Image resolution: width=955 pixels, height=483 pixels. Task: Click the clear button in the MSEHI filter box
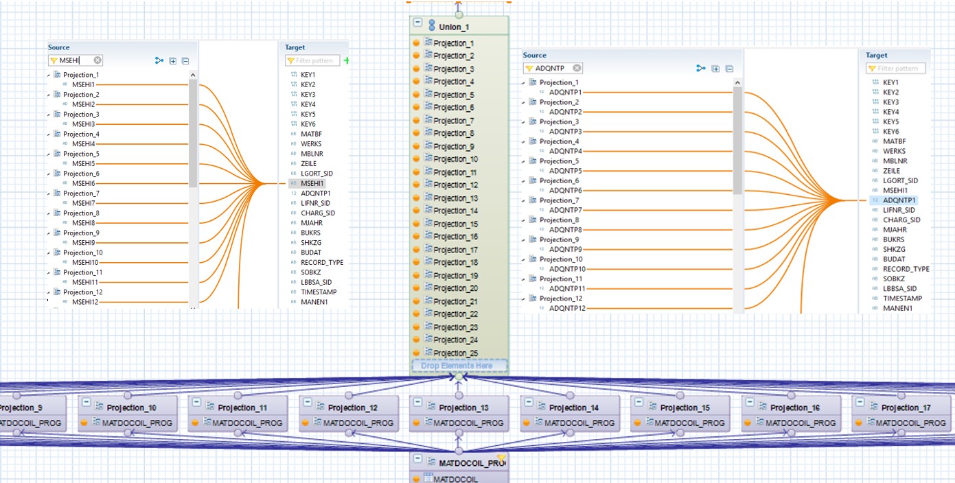tap(97, 60)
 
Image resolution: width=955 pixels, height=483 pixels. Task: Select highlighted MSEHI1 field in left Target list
tap(312, 183)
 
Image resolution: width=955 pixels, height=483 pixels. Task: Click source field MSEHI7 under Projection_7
tap(83, 203)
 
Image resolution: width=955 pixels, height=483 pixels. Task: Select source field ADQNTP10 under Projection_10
tap(567, 269)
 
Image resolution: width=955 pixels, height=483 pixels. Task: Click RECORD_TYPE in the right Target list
tap(906, 269)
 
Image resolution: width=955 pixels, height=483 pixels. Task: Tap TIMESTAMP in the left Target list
tap(319, 292)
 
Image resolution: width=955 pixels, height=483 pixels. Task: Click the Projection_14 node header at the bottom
tap(574, 408)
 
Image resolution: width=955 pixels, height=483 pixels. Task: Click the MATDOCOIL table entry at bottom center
tap(455, 478)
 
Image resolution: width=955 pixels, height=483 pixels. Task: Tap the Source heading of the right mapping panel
tap(534, 55)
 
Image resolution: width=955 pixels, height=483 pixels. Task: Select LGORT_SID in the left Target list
tap(317, 174)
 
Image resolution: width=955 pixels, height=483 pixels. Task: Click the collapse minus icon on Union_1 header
tap(417, 23)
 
